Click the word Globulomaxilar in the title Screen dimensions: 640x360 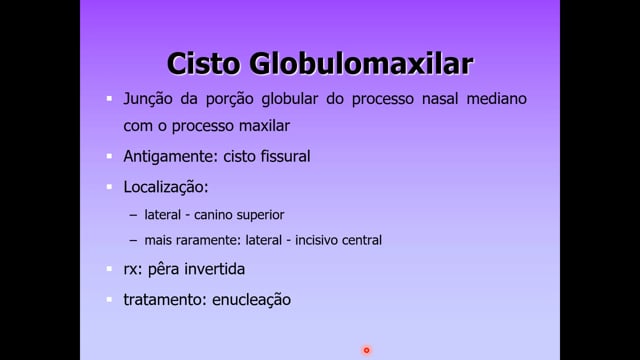(x=361, y=64)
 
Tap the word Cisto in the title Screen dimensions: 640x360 (x=203, y=64)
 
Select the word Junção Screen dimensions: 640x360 (x=148, y=99)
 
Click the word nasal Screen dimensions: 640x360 (x=440, y=99)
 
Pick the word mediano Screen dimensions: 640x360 (x=496, y=99)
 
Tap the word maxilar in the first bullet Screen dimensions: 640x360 (x=264, y=126)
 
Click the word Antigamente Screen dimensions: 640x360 (x=169, y=157)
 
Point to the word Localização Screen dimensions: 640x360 (x=166, y=187)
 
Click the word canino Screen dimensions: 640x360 (x=212, y=215)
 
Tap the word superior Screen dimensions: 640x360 (x=259, y=216)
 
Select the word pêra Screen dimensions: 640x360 (x=164, y=269)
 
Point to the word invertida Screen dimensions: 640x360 (x=215, y=269)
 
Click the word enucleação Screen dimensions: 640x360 (x=251, y=300)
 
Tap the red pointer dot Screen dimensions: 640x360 (x=367, y=350)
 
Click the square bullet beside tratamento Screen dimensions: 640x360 (x=109, y=300)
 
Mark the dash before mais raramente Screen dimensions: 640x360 (x=133, y=240)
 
